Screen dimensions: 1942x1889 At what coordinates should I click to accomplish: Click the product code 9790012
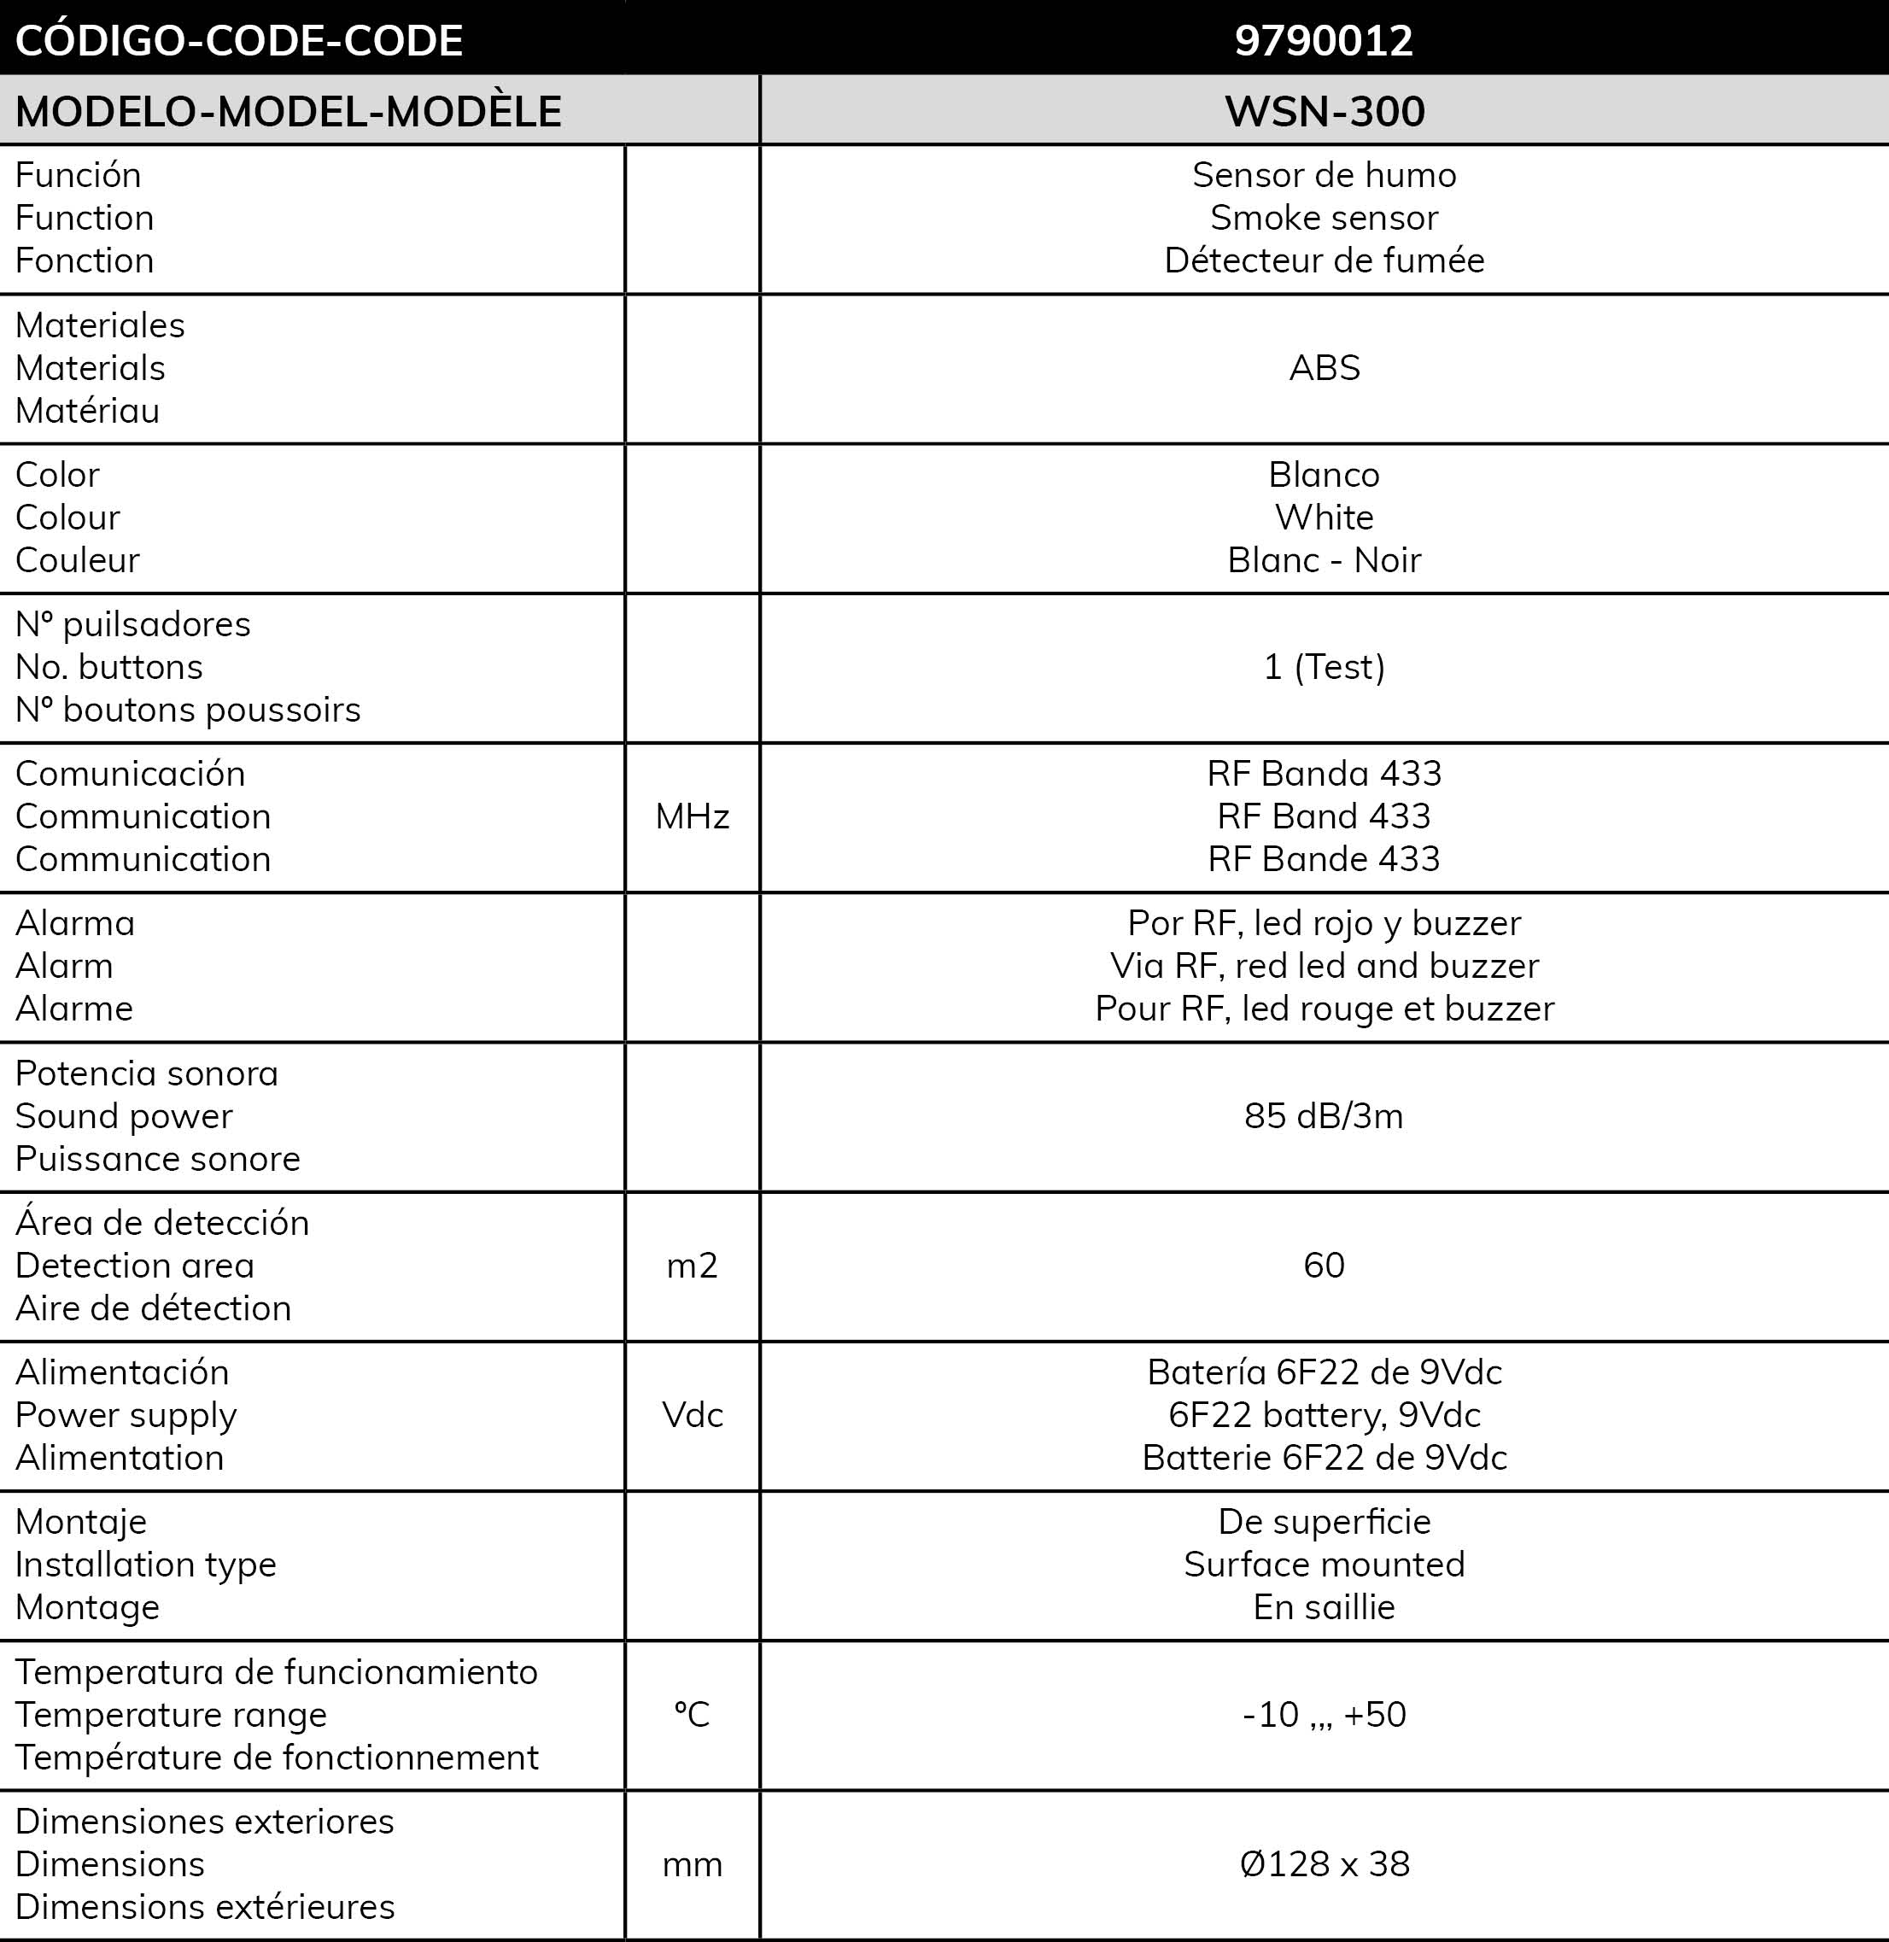pyautogui.click(x=1324, y=39)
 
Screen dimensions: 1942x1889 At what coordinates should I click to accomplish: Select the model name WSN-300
pyautogui.click(x=1325, y=111)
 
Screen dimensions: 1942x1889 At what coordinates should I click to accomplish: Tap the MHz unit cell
pyautogui.click(x=693, y=816)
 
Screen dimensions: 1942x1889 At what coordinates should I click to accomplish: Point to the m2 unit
pyautogui.click(x=693, y=1266)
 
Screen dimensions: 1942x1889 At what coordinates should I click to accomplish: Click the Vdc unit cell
pyautogui.click(x=693, y=1415)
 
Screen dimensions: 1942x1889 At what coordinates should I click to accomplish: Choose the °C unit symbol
pyautogui.click(x=693, y=1715)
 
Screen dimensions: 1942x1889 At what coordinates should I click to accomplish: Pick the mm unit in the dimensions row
pyautogui.click(x=693, y=1864)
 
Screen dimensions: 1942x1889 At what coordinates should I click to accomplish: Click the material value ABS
pyautogui.click(x=1325, y=368)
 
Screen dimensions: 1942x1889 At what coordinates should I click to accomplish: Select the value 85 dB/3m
pyautogui.click(x=1324, y=1116)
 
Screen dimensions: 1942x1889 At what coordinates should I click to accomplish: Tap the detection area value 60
pyautogui.click(x=1324, y=1266)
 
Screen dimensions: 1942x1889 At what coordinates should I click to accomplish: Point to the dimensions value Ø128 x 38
pyautogui.click(x=1324, y=1864)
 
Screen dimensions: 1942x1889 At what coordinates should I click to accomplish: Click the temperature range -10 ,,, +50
pyautogui.click(x=1324, y=1715)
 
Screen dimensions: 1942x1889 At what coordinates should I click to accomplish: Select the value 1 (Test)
pyautogui.click(x=1324, y=667)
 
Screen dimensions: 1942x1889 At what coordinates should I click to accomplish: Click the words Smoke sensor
pyautogui.click(x=1324, y=217)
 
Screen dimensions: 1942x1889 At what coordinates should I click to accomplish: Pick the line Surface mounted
pyautogui.click(x=1324, y=1565)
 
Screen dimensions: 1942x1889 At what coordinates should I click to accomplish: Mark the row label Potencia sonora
pyautogui.click(x=147, y=1073)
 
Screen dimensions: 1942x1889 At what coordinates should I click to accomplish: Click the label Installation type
pyautogui.click(x=146, y=1565)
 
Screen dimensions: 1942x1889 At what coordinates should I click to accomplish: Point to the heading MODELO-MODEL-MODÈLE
pyautogui.click(x=289, y=111)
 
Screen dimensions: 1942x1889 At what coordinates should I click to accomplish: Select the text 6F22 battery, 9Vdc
pyautogui.click(x=1324, y=1415)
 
